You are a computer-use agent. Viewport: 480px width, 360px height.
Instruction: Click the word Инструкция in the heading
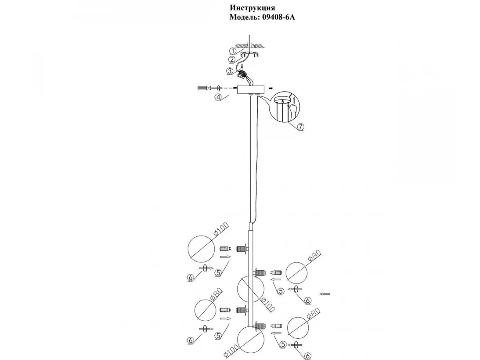coord(252,8)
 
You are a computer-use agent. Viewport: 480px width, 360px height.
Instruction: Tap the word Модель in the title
coord(244,17)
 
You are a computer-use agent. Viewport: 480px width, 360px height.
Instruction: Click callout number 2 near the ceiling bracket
coord(232,60)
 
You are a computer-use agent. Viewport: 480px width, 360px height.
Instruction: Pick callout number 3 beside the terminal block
coord(230,72)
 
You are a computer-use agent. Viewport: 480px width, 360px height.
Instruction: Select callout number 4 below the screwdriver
coord(218,96)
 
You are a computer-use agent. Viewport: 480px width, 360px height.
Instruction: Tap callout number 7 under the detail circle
coord(300,126)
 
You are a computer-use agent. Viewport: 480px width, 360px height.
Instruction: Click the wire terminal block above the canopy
coord(242,74)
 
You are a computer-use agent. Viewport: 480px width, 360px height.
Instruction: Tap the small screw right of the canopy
coord(271,88)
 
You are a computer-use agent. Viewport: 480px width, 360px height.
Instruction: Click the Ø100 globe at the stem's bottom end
coord(250,340)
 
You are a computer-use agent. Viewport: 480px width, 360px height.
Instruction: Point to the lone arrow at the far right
coord(324,294)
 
